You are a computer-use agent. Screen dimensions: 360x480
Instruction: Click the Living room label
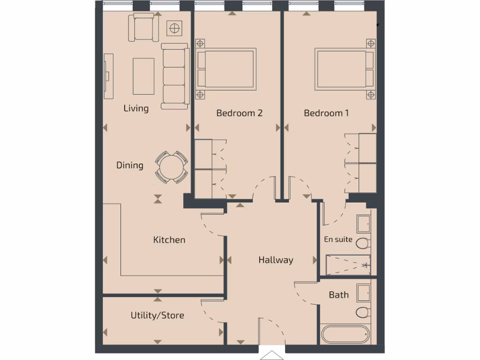point(136,108)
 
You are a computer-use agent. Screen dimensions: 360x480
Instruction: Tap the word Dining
point(130,165)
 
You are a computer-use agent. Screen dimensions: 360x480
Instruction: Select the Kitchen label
point(169,240)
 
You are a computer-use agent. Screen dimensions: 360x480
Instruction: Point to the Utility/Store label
point(157,315)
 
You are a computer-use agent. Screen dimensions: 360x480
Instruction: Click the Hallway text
point(276,260)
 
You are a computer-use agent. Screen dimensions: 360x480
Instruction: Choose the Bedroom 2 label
point(239,113)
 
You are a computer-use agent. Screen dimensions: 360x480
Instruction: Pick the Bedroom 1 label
point(326,113)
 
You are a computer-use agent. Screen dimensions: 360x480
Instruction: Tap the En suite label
point(338,240)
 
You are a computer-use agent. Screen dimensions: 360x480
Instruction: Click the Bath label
point(338,295)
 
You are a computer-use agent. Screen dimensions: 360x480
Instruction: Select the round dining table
point(172,166)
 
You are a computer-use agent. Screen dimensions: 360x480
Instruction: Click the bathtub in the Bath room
point(345,335)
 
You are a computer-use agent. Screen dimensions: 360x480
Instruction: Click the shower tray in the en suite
point(347,265)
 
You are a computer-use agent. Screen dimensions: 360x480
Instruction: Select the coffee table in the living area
point(143,76)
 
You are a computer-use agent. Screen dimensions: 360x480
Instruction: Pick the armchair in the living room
point(143,27)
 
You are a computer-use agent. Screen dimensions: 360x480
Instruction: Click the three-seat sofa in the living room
point(174,76)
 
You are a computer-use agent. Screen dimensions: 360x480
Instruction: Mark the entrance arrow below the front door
point(271,354)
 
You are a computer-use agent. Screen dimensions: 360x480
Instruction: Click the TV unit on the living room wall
point(109,75)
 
